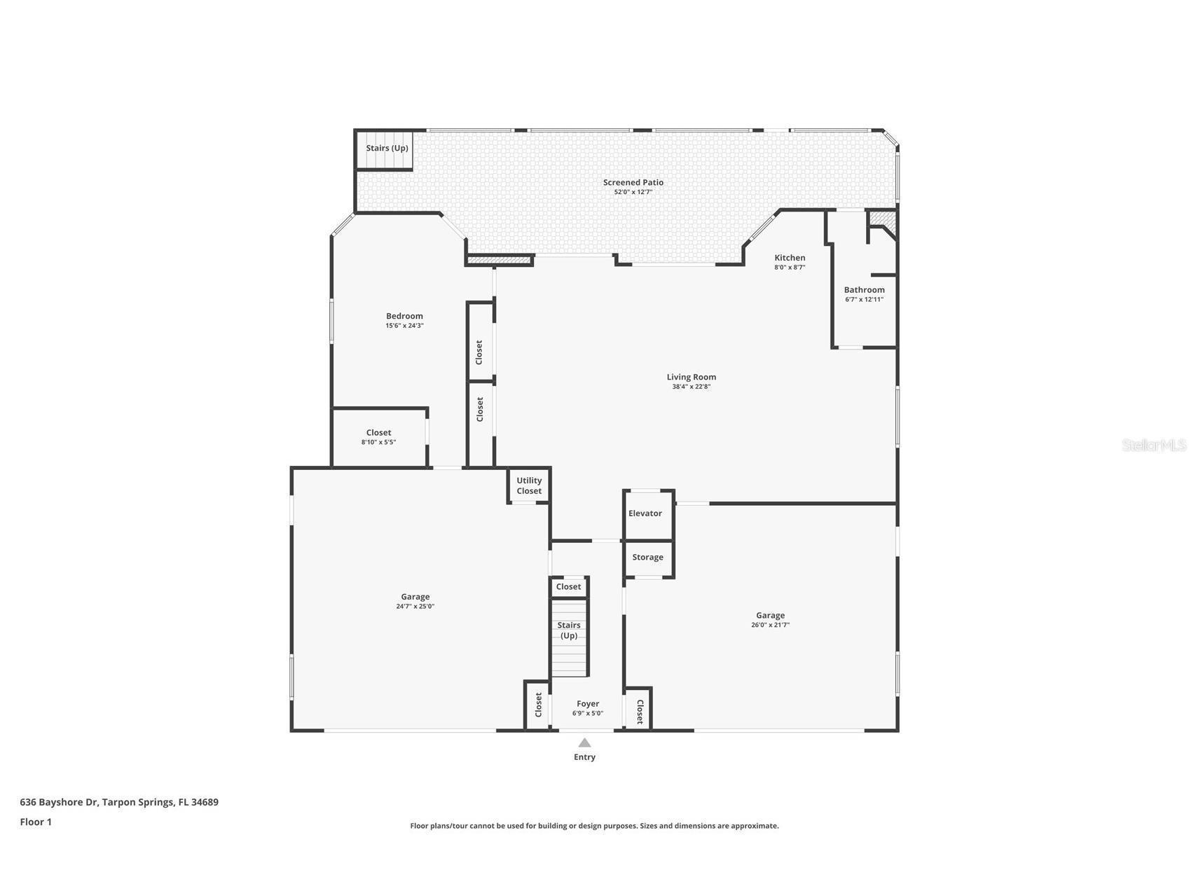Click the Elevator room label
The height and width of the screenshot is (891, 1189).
click(645, 513)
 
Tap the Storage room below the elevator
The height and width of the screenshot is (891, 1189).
click(647, 558)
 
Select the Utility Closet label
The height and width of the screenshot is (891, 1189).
click(529, 485)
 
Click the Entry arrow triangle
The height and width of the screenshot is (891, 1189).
click(584, 743)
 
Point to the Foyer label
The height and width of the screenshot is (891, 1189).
click(587, 704)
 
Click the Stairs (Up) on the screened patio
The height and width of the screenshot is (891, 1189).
click(387, 148)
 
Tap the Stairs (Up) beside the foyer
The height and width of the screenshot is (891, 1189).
click(568, 630)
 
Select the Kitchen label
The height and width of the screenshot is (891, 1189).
click(790, 258)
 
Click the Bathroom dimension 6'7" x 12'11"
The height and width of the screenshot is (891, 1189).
click(864, 300)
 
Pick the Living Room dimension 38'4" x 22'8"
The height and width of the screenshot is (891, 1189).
click(691, 387)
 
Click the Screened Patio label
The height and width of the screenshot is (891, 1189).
click(633, 182)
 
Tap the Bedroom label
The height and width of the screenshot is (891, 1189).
click(404, 316)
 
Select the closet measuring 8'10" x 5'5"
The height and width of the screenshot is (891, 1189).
click(378, 437)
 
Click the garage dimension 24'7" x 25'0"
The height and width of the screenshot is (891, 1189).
click(415, 607)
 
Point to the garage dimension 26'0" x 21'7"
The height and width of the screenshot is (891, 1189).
click(770, 625)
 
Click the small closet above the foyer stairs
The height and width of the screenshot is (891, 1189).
click(568, 587)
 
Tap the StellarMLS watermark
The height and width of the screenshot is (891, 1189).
click(1153, 445)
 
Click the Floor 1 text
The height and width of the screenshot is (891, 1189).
click(36, 822)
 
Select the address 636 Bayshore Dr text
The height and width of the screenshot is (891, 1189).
click(119, 802)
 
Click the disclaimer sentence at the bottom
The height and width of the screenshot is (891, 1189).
click(594, 826)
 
